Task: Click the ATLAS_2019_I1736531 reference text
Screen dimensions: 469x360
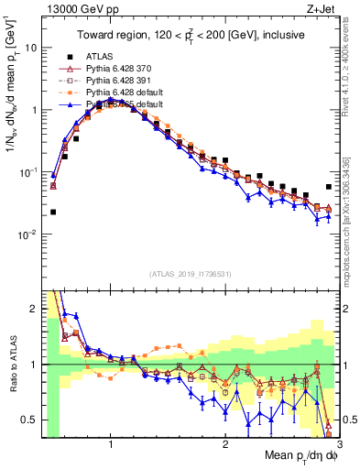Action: pos(191,274)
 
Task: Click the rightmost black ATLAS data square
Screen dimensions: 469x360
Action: pos(329,187)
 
